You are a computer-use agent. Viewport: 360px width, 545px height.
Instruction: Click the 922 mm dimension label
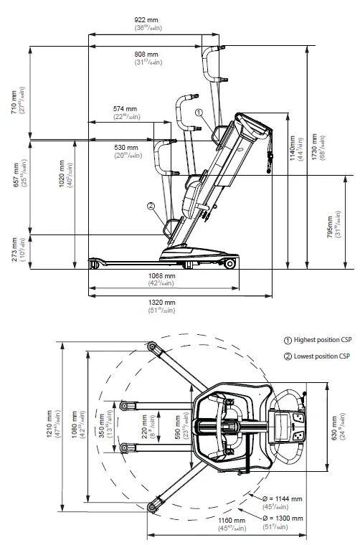[151, 19]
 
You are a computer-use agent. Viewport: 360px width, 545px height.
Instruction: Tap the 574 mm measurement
[125, 109]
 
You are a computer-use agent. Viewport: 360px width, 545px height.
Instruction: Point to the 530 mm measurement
[125, 148]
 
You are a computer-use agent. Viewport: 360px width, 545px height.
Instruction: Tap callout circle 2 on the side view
[151, 207]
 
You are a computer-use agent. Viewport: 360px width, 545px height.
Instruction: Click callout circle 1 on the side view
[199, 112]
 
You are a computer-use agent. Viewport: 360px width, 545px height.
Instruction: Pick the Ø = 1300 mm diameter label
[287, 517]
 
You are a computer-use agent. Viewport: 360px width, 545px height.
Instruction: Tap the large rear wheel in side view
[229, 264]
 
